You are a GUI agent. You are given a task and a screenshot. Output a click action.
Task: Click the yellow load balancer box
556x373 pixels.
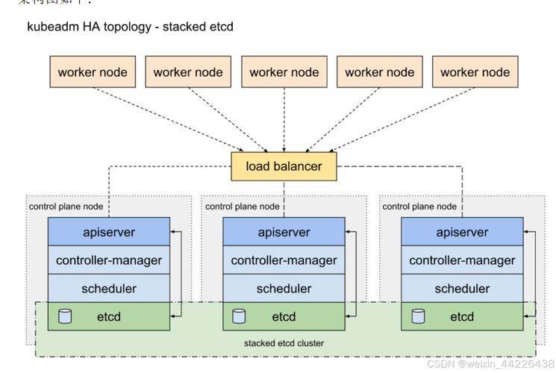click(284, 166)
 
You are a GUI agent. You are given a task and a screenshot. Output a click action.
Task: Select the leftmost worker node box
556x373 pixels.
click(93, 72)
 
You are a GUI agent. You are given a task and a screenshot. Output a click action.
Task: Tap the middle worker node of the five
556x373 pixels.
click(284, 72)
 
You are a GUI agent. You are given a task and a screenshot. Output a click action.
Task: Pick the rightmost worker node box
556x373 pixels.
click(475, 72)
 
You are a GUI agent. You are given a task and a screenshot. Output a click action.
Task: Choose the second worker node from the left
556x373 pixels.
click(188, 72)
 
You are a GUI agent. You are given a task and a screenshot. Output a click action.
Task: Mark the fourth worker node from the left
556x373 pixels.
click(379, 72)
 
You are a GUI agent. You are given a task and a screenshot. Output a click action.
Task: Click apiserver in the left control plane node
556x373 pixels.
click(109, 232)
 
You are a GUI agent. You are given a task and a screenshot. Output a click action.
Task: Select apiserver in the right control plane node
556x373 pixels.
click(462, 232)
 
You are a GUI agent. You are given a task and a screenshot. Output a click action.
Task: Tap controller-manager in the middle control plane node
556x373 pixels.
click(284, 260)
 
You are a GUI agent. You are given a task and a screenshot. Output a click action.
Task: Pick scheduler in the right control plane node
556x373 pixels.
click(462, 289)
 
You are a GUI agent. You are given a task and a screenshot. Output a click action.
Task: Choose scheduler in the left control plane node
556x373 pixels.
click(109, 289)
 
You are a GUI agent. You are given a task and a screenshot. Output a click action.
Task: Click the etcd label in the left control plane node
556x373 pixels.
click(109, 317)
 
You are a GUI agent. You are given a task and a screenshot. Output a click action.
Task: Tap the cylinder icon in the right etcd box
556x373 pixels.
click(418, 316)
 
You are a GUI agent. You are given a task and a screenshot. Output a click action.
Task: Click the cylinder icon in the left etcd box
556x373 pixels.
click(65, 316)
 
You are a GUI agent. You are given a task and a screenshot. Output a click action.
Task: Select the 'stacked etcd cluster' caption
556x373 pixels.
click(284, 343)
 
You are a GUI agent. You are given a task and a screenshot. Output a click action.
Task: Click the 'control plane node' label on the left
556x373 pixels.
click(66, 207)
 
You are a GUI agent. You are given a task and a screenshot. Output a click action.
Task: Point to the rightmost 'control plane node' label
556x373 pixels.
click(419, 207)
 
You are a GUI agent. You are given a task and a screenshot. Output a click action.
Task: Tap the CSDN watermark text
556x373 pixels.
click(490, 363)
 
